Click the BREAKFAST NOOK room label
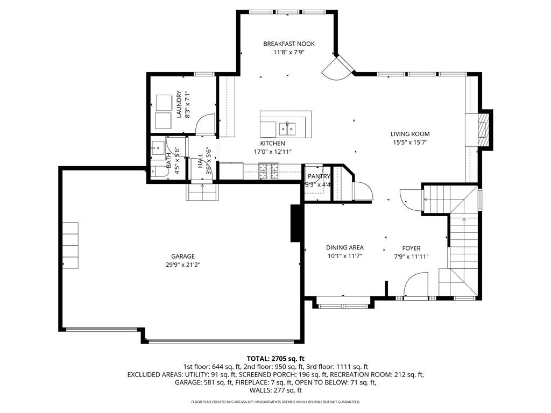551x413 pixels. tap(289, 44)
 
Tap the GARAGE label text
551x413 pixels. tap(183, 257)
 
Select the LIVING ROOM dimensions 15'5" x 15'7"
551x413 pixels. tap(410, 143)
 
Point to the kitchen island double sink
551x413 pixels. tap(287, 129)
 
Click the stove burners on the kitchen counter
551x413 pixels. tap(269, 171)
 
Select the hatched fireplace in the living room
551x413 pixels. tap(484, 130)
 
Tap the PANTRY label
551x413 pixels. tap(319, 176)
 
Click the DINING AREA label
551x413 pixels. tap(345, 247)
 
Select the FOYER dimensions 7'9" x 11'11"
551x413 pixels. tap(411, 257)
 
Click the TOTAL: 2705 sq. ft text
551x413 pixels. tap(275, 359)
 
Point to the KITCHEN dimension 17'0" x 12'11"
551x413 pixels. tap(273, 152)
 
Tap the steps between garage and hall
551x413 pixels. tap(202, 192)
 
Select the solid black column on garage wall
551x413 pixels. tap(295, 223)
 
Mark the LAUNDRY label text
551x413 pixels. tap(179, 104)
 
